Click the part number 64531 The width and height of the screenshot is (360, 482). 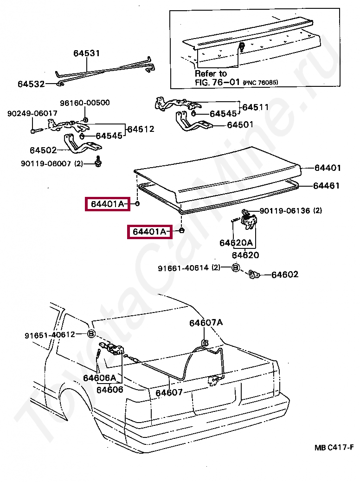pyautogui.click(x=86, y=53)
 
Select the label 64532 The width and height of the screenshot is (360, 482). pyautogui.click(x=31, y=84)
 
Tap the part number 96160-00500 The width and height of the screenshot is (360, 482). pyautogui.click(x=84, y=103)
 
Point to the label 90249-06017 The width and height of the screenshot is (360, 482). pyautogui.click(x=32, y=113)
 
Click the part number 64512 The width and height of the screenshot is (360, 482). pyautogui.click(x=141, y=129)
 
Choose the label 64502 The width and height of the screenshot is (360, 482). pyautogui.click(x=43, y=150)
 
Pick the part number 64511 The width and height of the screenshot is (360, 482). pyautogui.click(x=255, y=107)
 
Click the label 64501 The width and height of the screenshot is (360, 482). pyautogui.click(x=240, y=124)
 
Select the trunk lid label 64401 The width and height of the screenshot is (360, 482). pyautogui.click(x=328, y=168)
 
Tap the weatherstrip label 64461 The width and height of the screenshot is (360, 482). pyautogui.click(x=327, y=186)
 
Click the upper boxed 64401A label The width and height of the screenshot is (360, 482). pyautogui.click(x=108, y=204)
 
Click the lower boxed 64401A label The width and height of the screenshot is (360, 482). pyautogui.click(x=149, y=231)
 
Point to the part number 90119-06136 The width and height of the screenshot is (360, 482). pyautogui.click(x=284, y=211)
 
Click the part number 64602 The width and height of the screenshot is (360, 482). pyautogui.click(x=285, y=274)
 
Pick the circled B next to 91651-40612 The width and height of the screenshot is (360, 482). pyautogui.click(x=91, y=334)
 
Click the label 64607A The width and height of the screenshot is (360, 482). pyautogui.click(x=206, y=323)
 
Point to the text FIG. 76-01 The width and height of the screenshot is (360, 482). pyautogui.click(x=217, y=82)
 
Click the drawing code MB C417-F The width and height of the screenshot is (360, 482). pyautogui.click(x=334, y=448)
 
